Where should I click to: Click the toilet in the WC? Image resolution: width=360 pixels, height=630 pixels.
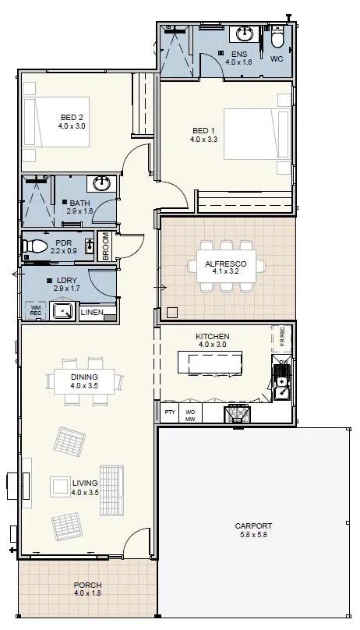click(x=277, y=37)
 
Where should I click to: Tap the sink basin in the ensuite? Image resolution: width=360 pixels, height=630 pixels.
click(x=244, y=34)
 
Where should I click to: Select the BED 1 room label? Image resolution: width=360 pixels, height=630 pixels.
click(x=204, y=130)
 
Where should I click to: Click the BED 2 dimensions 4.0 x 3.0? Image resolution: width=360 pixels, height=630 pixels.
click(x=72, y=126)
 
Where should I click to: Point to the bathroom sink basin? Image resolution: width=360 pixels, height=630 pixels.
click(x=102, y=183)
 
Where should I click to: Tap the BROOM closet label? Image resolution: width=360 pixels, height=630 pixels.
click(x=105, y=246)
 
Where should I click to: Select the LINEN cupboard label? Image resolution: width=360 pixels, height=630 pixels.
click(x=92, y=312)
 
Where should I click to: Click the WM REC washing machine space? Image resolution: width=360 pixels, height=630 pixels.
click(x=36, y=310)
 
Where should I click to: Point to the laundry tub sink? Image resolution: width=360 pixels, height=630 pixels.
click(x=63, y=311)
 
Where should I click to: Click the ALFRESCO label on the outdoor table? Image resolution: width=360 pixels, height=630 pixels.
click(x=226, y=264)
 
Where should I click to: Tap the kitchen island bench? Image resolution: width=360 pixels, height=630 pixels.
click(x=210, y=363)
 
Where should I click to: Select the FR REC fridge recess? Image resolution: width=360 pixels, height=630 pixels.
click(x=282, y=337)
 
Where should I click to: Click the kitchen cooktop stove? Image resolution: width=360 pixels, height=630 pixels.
click(x=237, y=414)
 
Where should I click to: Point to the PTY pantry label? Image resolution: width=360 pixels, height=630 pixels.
click(x=170, y=412)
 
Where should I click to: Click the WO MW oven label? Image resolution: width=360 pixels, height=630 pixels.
click(x=189, y=415)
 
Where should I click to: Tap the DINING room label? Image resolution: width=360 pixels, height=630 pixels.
click(x=84, y=377)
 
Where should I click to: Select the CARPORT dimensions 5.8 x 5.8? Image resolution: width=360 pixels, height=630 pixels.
click(x=254, y=534)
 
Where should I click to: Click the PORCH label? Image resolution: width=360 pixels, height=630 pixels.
click(x=87, y=585)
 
